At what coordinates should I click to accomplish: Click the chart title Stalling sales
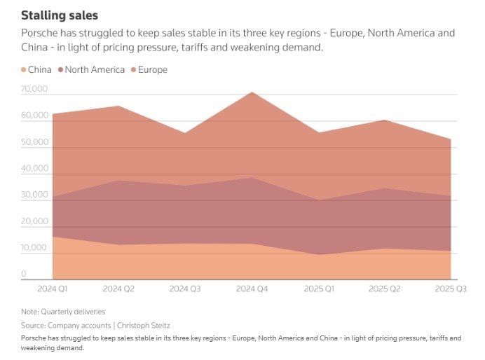60,15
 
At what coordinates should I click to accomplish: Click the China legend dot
24,70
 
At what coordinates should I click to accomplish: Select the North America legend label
95,70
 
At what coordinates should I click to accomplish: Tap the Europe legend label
153,70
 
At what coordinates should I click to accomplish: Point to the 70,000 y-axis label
34,90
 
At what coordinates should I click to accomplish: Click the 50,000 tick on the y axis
34,142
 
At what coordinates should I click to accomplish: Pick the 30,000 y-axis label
34,195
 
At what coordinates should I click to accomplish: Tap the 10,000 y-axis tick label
34,248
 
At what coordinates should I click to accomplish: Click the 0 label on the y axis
24,275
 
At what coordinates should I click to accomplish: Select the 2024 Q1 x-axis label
52,289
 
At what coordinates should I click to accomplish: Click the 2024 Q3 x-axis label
184,289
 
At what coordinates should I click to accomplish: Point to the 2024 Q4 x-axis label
251,289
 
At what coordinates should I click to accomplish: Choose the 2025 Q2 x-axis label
384,289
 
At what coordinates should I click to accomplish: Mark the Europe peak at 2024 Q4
251,92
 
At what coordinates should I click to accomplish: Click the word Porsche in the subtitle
41,33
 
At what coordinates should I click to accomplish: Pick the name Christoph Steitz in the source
144,326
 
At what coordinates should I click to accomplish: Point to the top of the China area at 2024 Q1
53,237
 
